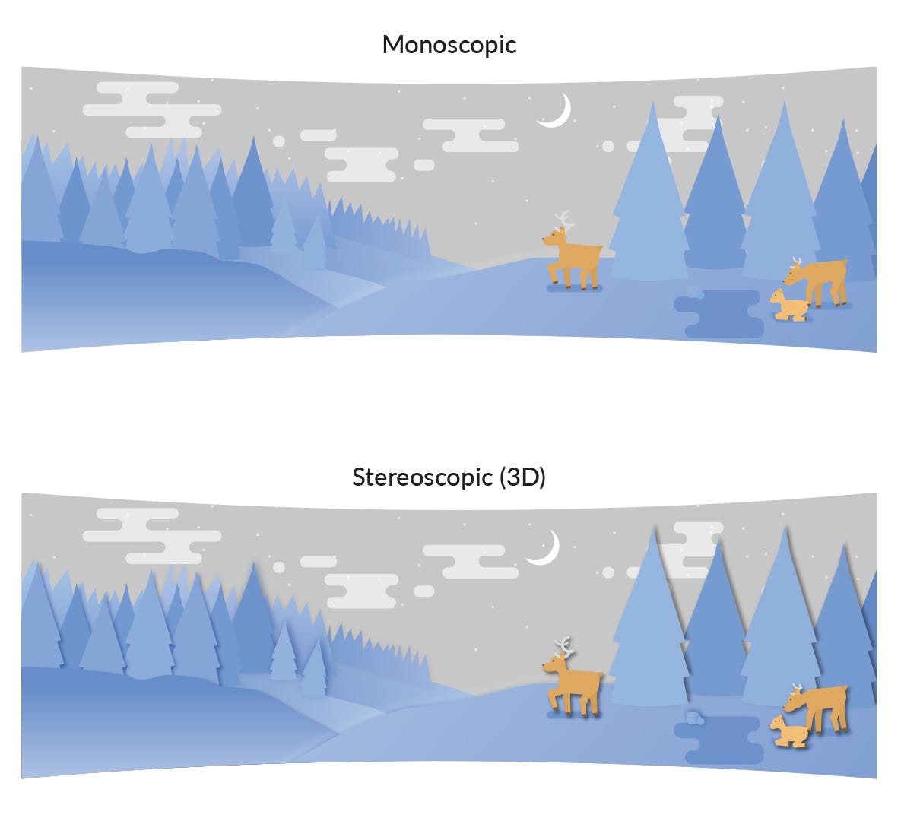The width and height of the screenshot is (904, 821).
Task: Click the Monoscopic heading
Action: (x=449, y=45)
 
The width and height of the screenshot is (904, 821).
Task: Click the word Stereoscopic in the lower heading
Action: (x=423, y=477)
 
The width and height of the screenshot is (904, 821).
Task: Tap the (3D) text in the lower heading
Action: (x=522, y=477)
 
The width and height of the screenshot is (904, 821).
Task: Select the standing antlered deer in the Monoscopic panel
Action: (x=573, y=258)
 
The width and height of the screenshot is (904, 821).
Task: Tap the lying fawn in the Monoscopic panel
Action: (x=788, y=306)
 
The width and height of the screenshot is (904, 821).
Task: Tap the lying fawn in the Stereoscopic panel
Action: (x=788, y=731)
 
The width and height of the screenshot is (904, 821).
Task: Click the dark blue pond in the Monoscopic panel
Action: (x=719, y=314)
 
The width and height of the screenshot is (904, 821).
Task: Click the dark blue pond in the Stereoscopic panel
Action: (x=719, y=740)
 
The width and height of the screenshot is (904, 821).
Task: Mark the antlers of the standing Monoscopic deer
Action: (x=563, y=220)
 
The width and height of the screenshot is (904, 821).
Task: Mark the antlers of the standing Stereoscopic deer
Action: (x=564, y=646)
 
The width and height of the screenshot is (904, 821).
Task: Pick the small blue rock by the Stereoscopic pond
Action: (x=695, y=718)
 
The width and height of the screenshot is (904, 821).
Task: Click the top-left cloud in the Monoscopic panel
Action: (x=152, y=109)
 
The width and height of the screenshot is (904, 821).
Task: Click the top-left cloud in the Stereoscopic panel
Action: (x=152, y=536)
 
